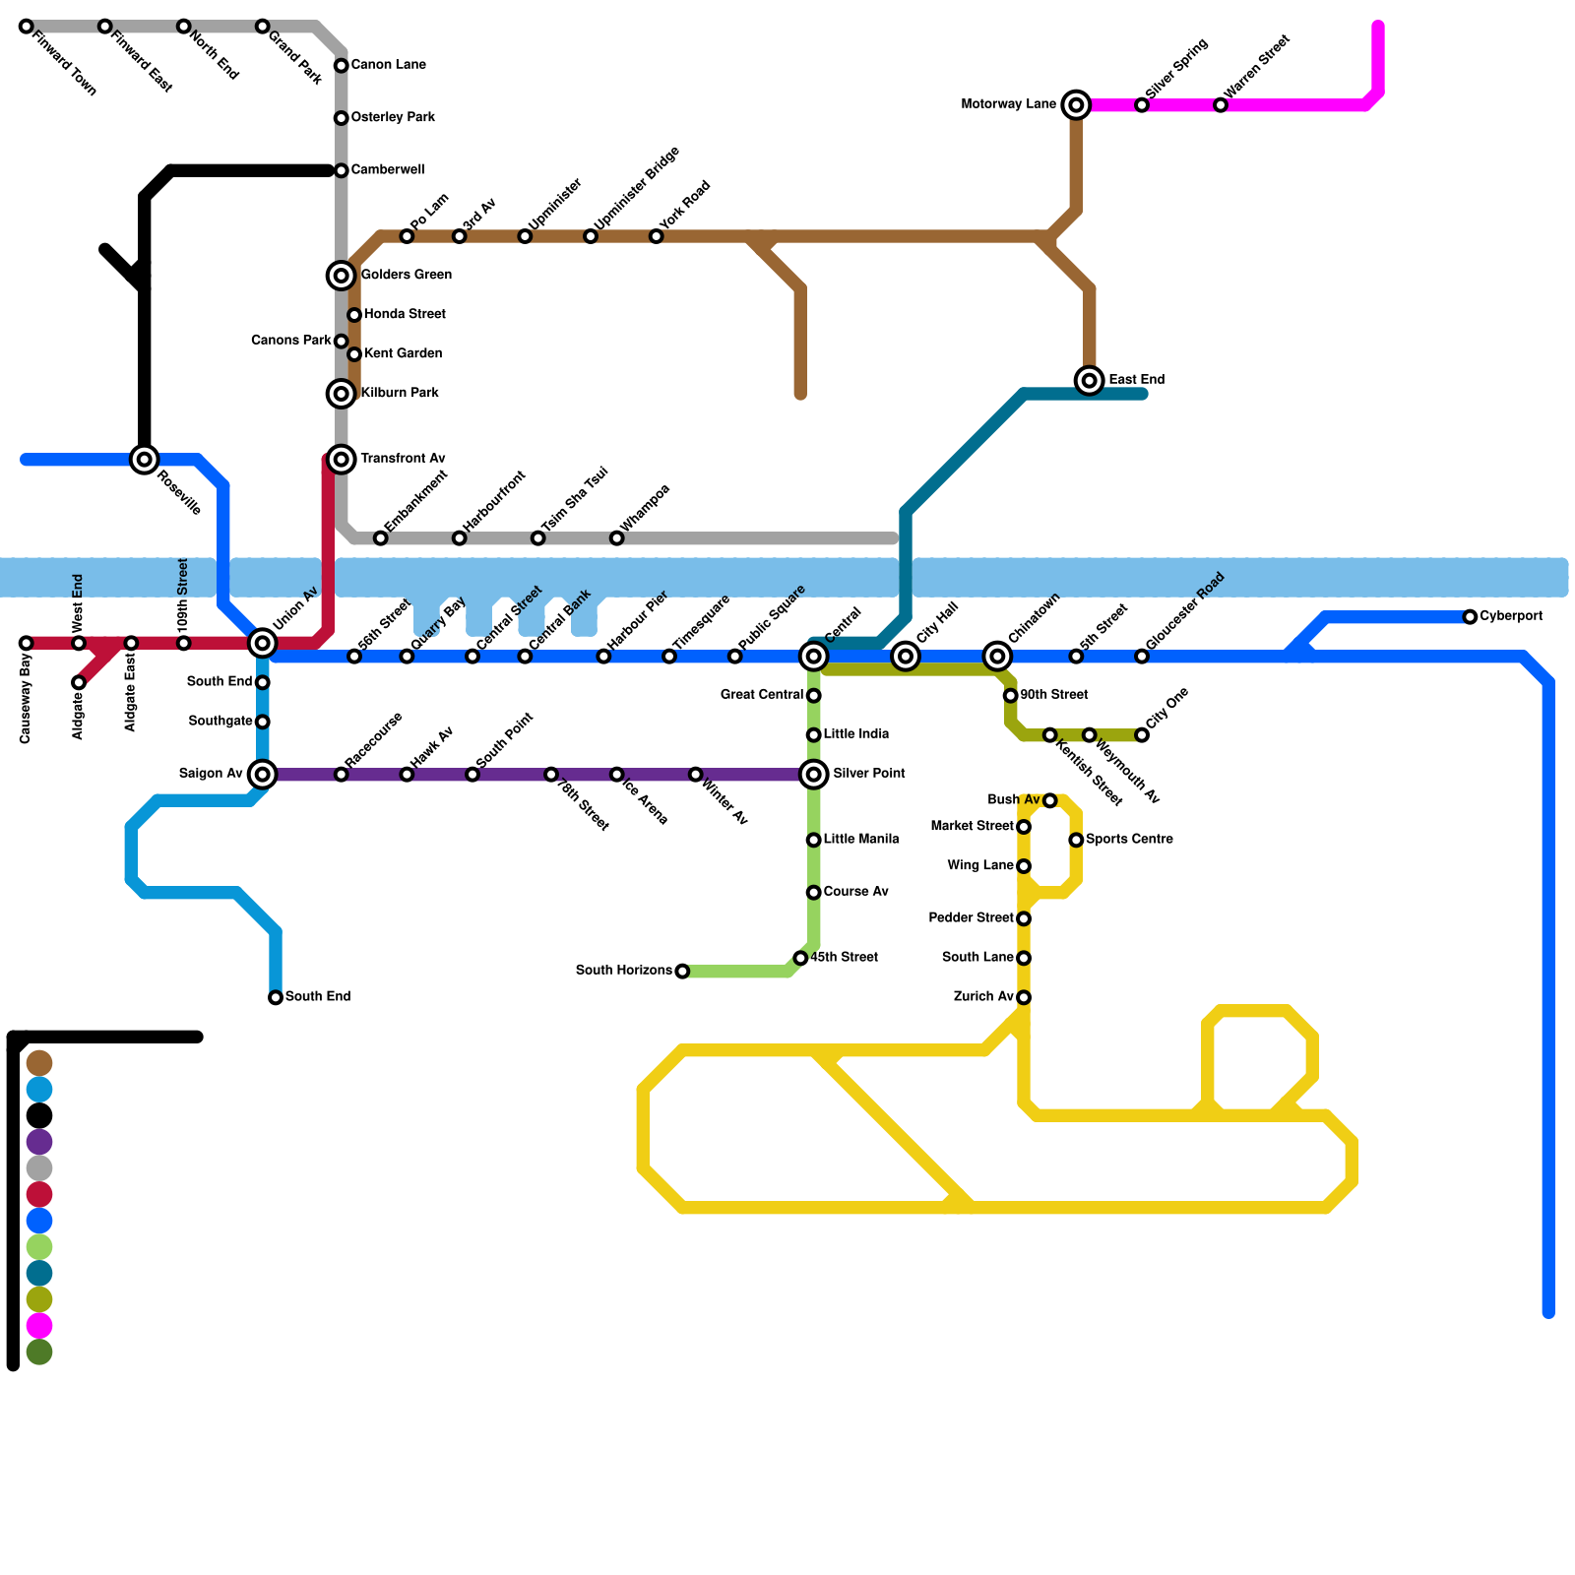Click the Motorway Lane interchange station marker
coord(1076,104)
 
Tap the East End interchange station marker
coord(1089,380)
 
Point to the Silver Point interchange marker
coord(813,775)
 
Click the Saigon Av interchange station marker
coord(262,775)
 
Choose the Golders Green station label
coord(406,275)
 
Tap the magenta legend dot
coord(38,1326)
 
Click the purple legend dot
coord(38,1142)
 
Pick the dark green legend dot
coord(38,1353)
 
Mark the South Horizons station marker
coord(682,972)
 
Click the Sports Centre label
coord(1129,840)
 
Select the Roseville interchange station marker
coord(145,459)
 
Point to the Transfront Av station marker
coord(341,459)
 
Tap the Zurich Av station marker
coord(1024,997)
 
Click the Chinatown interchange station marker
coord(997,656)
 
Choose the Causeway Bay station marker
coord(27,643)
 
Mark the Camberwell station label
coord(387,170)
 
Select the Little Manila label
coord(860,840)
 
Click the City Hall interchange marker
coord(906,656)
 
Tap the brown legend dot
coord(38,1063)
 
